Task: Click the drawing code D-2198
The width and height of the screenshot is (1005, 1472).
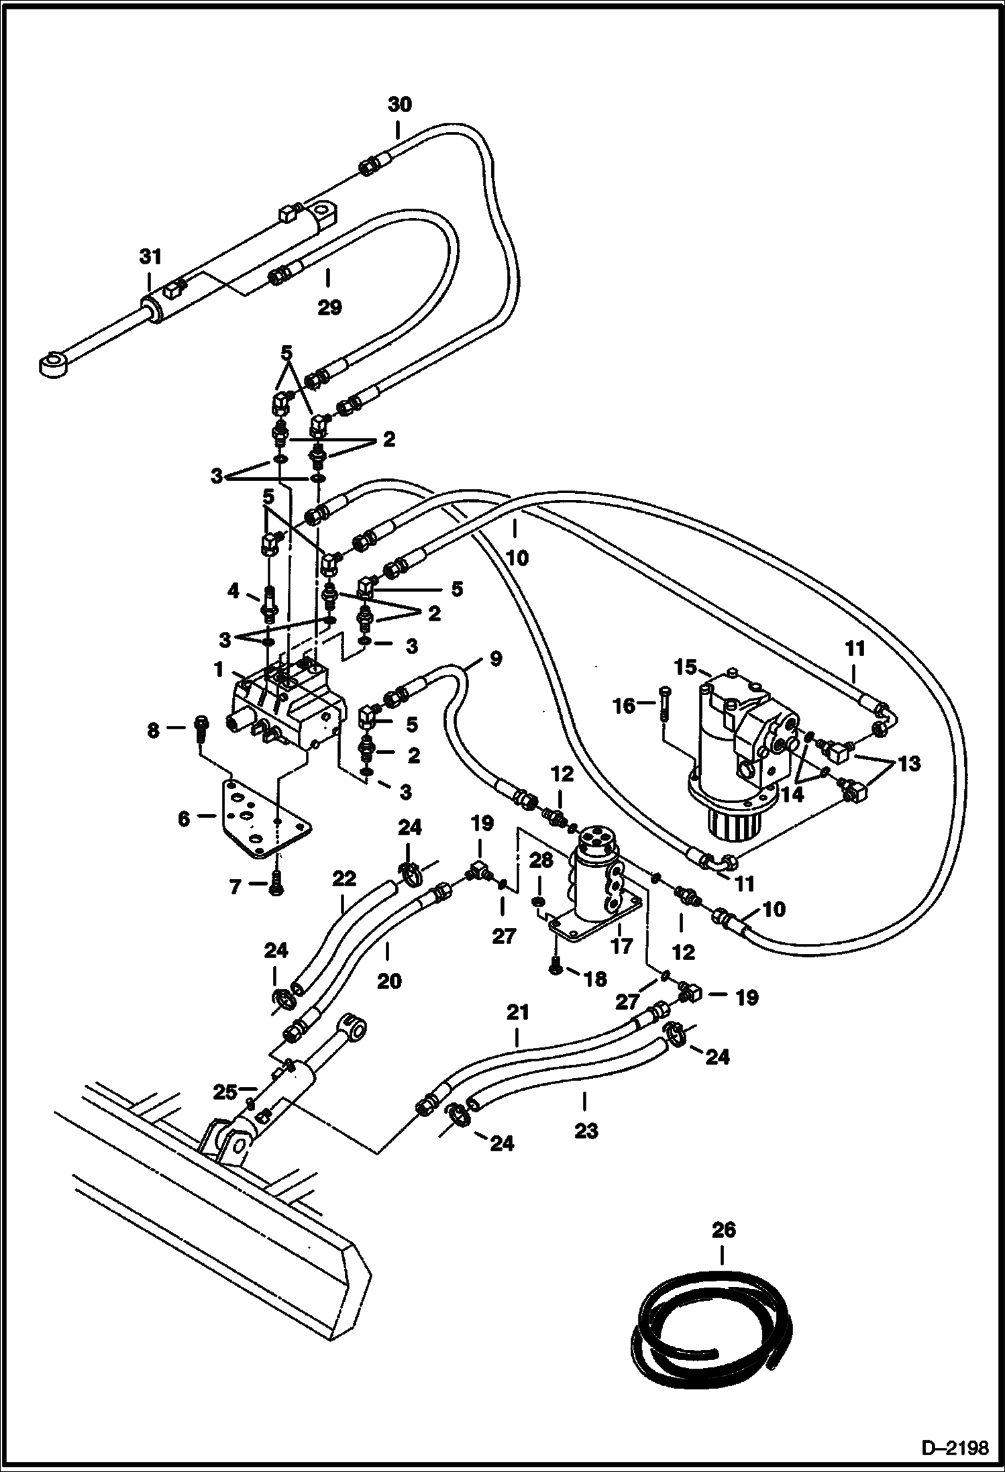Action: pyautogui.click(x=957, y=1448)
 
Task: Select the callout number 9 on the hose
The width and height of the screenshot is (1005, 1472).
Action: pyautogui.click(x=494, y=659)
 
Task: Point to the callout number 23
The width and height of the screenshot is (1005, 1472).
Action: pyautogui.click(x=585, y=1131)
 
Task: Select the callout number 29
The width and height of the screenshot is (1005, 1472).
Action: pyautogui.click(x=329, y=307)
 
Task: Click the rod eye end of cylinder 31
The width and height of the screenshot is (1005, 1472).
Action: pyautogui.click(x=52, y=366)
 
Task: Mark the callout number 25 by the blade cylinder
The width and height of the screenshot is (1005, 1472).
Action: pyautogui.click(x=225, y=1092)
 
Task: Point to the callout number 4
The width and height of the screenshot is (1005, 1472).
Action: pyautogui.click(x=233, y=590)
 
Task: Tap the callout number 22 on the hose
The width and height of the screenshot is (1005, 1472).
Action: pyautogui.click(x=343, y=879)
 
